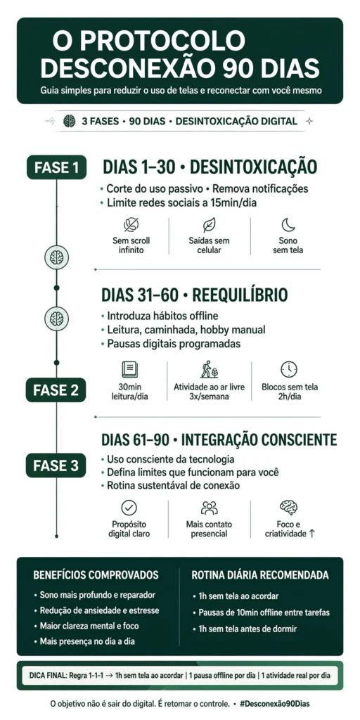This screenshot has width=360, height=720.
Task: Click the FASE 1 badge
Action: [56, 167]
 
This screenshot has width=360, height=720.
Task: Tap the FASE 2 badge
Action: [56, 390]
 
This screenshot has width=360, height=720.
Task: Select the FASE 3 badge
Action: [56, 465]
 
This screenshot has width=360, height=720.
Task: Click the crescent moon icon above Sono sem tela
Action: [288, 225]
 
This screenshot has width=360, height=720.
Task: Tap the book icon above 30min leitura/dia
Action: [130, 370]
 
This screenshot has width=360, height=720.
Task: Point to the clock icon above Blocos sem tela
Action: [289, 370]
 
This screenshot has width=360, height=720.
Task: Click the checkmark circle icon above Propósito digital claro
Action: [129, 508]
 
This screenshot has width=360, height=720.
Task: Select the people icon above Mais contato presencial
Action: [209, 508]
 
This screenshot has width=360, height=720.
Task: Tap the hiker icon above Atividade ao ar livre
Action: [209, 369]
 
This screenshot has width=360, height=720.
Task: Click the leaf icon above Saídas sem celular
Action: [209, 225]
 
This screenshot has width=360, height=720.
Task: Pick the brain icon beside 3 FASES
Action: [70, 121]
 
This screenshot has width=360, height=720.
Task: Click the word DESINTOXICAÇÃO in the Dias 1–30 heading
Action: [253, 167]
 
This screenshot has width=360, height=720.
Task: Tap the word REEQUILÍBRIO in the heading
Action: [240, 295]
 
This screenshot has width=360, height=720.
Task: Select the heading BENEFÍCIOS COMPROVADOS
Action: [96, 575]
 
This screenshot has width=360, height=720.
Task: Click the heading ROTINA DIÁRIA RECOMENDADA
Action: [260, 575]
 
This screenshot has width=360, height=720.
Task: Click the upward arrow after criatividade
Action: [312, 534]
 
